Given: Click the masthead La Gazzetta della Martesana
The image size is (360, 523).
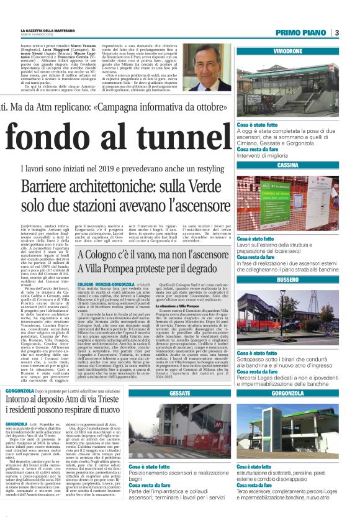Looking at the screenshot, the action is point(61,29).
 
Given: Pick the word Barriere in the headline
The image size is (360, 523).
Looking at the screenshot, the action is point(70,186).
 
